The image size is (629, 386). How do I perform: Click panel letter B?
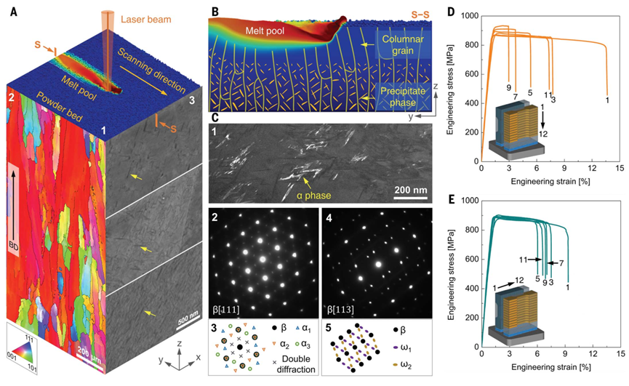pyautogui.click(x=213, y=12)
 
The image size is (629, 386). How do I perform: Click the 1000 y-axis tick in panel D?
pyautogui.click(x=466, y=15)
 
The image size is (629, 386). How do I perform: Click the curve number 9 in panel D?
pyautogui.click(x=508, y=88)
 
